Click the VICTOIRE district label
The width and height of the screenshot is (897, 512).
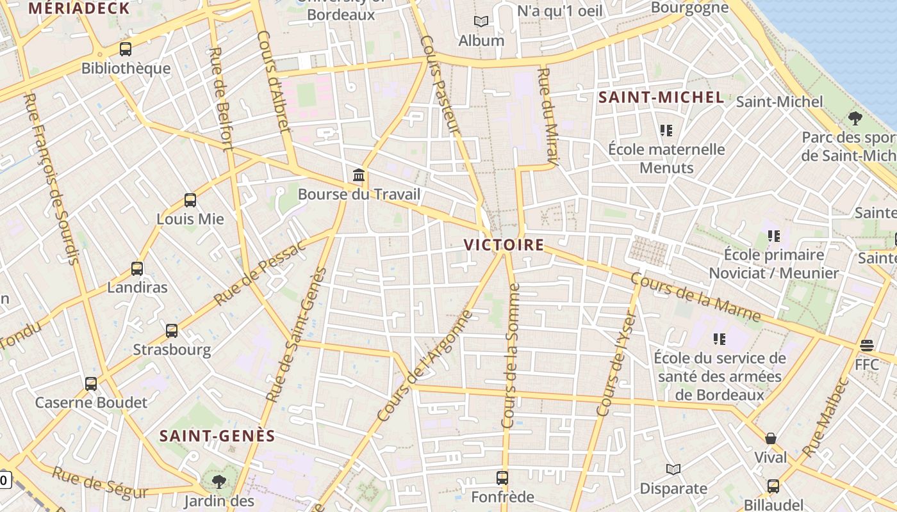pos(504,245)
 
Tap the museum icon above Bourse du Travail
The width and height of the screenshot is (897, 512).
pos(359,175)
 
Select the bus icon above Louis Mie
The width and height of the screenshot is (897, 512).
pos(190,200)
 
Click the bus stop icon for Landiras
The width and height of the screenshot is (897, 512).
pos(137,269)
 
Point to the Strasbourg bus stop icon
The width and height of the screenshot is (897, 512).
pos(172,331)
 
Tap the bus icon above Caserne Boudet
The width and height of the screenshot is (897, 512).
pos(91,384)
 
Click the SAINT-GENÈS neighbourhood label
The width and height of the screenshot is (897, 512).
pos(217,436)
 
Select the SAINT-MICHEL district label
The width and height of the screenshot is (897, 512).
pos(661,98)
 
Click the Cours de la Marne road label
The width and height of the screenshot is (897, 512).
pos(695,298)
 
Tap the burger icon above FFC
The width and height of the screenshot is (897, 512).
pos(867,346)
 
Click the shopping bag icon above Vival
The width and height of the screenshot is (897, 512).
pos(771,438)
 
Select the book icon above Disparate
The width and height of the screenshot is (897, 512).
pos(673,470)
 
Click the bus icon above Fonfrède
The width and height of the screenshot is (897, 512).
pos(502,478)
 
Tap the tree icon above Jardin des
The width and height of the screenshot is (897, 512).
pos(218,481)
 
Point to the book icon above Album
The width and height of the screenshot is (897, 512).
pos(481,22)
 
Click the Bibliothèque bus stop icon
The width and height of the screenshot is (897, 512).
pos(126,49)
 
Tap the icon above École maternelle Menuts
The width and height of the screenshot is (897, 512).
pos(666,131)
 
